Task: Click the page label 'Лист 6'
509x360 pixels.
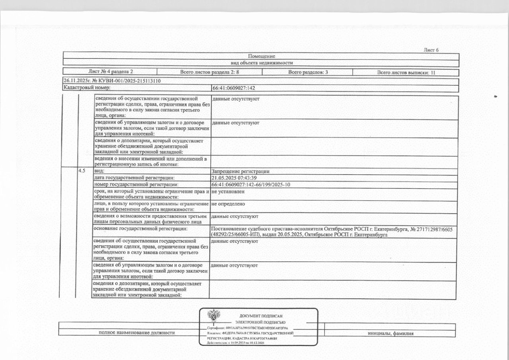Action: [x=431, y=50]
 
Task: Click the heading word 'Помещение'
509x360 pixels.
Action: [x=261, y=56]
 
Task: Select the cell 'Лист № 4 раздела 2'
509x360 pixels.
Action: [x=111, y=72]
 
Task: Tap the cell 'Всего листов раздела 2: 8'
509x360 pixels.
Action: [x=210, y=72]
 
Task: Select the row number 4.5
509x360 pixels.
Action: [x=82, y=171]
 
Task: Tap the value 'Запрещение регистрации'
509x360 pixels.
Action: [x=241, y=171]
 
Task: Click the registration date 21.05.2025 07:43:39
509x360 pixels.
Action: [x=233, y=178]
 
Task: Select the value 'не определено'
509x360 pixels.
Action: [x=228, y=204]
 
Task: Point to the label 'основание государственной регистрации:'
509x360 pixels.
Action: [x=140, y=229]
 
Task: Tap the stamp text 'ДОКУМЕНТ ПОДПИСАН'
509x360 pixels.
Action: [x=260, y=316]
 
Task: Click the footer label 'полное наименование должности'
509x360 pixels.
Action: [x=136, y=333]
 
